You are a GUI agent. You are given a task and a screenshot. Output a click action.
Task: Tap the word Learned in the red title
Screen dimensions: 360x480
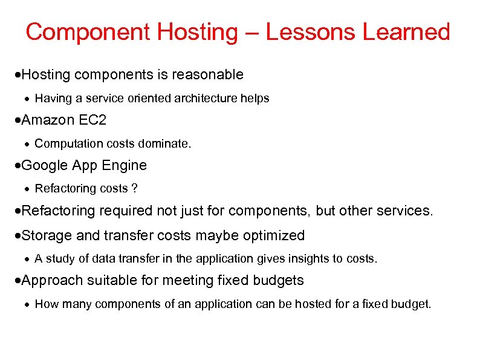pyautogui.click(x=406, y=32)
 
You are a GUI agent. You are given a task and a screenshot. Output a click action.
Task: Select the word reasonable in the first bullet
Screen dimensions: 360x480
pyautogui.click(x=207, y=74)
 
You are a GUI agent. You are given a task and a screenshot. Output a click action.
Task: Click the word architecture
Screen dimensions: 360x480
pyautogui.click(x=205, y=98)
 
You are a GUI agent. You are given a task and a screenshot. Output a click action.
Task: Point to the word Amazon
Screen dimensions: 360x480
pyautogui.click(x=48, y=120)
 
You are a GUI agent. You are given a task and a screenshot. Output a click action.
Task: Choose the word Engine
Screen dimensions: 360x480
pyautogui.click(x=126, y=165)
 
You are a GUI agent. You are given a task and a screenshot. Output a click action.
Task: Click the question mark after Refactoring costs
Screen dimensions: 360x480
pyautogui.click(x=134, y=189)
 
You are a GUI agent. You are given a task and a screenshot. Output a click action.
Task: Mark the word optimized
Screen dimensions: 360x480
pyautogui.click(x=273, y=235)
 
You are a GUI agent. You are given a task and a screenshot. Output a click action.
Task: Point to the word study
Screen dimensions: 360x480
pyautogui.click(x=59, y=258)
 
